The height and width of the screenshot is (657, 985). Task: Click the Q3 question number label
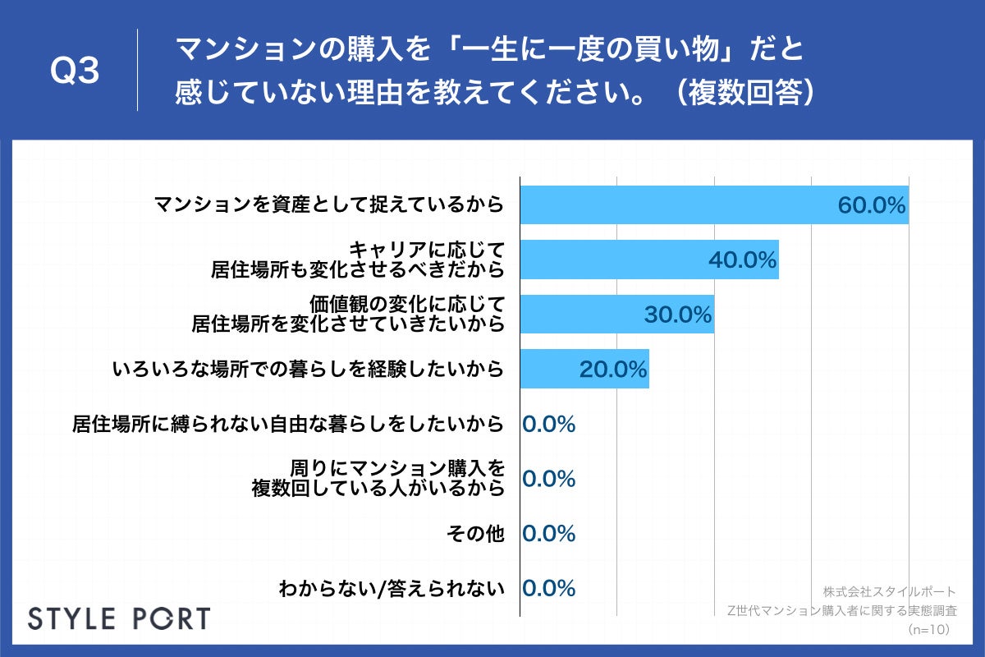[x=75, y=72]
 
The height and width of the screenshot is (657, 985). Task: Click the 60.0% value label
[x=871, y=205]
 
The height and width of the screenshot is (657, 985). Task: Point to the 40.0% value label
[x=742, y=260]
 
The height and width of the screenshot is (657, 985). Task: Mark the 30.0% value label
[x=677, y=315]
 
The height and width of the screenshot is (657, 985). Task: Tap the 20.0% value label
[x=613, y=370]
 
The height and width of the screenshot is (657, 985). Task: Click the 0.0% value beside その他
[x=548, y=534]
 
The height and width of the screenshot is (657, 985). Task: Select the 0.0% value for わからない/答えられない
[x=548, y=588]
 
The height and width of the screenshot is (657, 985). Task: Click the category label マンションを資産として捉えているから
[x=328, y=205]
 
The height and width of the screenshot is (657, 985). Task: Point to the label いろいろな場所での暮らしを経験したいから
[x=307, y=370]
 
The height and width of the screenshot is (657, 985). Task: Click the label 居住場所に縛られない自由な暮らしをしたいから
[x=286, y=424]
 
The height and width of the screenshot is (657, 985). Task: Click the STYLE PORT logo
[x=119, y=618]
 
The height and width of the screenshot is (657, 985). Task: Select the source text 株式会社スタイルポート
[x=889, y=591]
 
